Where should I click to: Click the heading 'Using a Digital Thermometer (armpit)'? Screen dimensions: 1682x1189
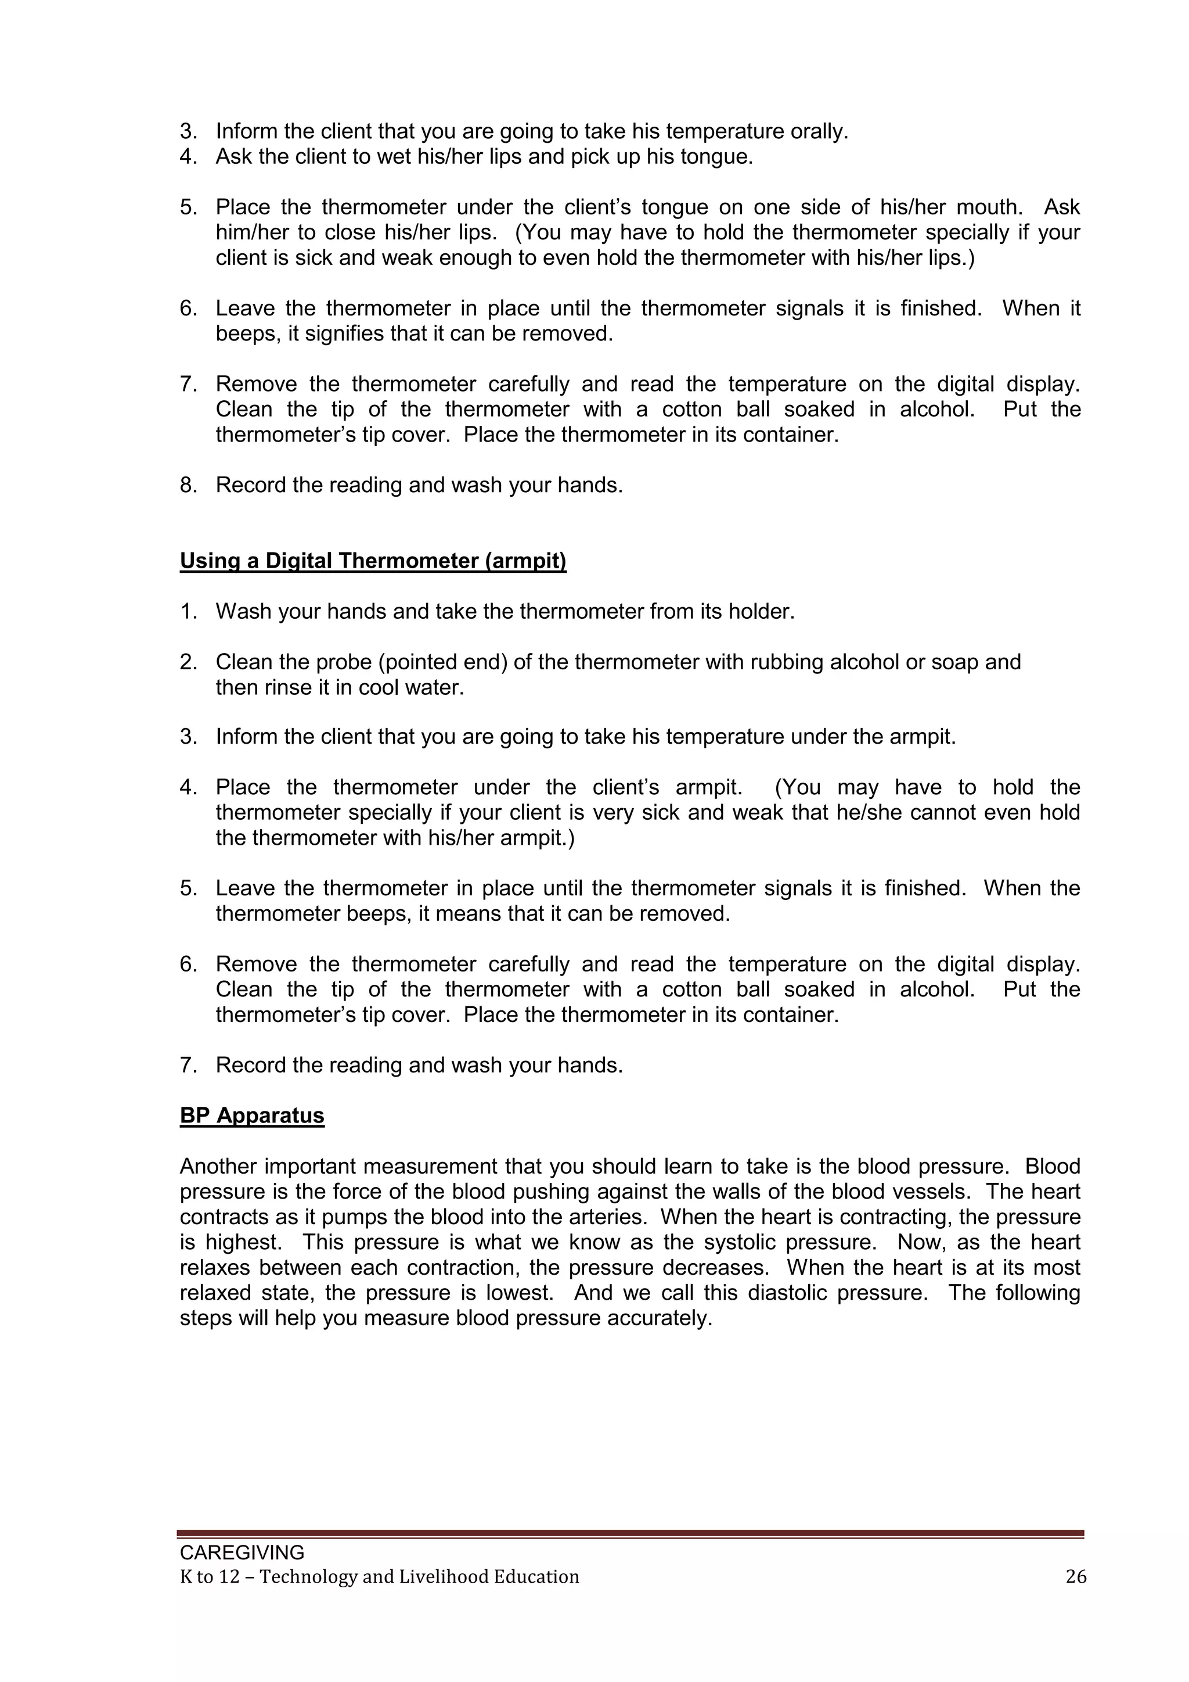[x=373, y=561]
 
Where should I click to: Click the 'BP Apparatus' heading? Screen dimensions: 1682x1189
[x=252, y=1116]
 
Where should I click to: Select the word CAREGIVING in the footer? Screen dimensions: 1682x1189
[x=242, y=1552]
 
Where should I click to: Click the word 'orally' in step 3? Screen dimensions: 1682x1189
[x=816, y=132]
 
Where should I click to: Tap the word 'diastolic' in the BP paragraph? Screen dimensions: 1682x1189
[x=788, y=1293]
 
